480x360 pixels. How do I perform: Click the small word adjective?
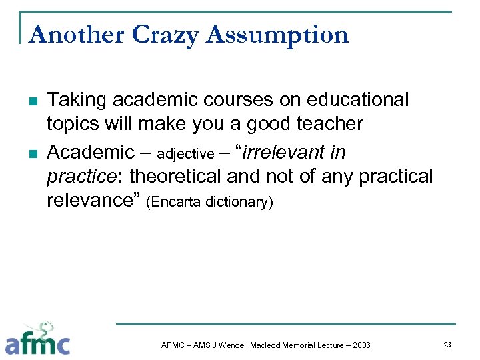click(185, 154)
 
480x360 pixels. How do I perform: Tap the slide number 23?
click(447, 344)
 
